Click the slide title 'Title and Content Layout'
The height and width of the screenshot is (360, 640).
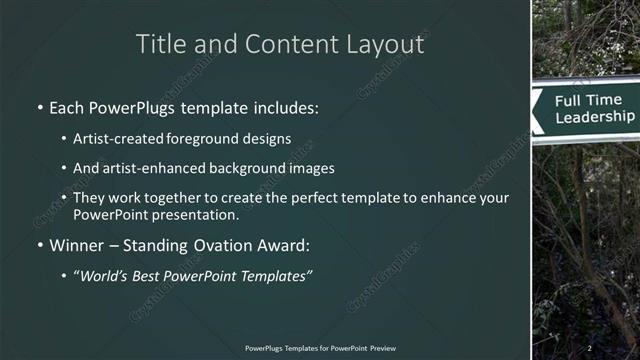click(x=279, y=44)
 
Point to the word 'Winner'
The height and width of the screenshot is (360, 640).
click(x=74, y=245)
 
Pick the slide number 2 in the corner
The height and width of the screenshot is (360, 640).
click(x=590, y=347)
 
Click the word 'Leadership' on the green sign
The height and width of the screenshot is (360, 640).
click(x=594, y=117)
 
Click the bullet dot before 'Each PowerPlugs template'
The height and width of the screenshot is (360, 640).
click(x=39, y=107)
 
